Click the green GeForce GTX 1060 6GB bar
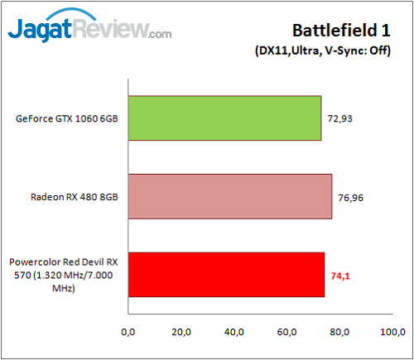point(224,118)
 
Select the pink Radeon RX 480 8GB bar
point(229,196)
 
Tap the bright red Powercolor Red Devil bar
point(226,274)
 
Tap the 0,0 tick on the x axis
point(128,332)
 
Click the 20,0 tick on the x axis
point(181,332)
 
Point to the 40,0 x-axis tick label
point(233,332)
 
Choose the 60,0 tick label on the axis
point(286,332)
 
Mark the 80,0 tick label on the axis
point(339,332)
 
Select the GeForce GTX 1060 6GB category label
point(66,118)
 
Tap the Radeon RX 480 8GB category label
point(72,196)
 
